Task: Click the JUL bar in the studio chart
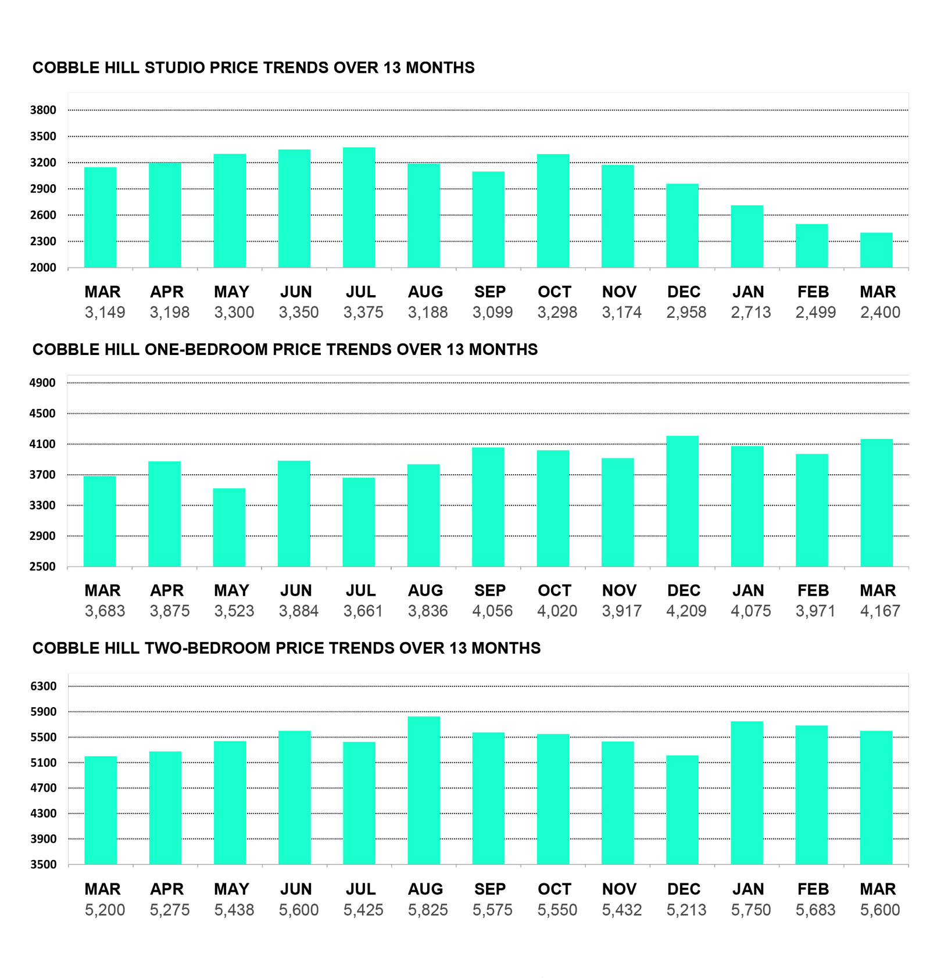pos(359,207)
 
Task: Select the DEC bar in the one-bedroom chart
pos(682,501)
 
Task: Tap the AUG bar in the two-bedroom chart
pos(424,790)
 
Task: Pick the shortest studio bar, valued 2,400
pos(876,250)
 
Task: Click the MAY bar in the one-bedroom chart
pos(229,527)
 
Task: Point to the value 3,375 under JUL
pos(363,313)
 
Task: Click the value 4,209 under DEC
pos(686,611)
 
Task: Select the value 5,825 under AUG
pos(428,910)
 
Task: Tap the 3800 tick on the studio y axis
pos(43,110)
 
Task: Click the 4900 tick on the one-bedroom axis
pos(42,383)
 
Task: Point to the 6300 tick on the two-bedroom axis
pos(43,686)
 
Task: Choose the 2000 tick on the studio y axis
pos(43,268)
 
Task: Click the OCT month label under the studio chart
pos(554,292)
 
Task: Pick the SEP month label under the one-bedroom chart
pos(489,590)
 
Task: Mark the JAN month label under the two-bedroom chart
pos(747,889)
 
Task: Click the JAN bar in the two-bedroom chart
pos(747,793)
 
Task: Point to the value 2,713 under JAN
pos(750,313)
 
